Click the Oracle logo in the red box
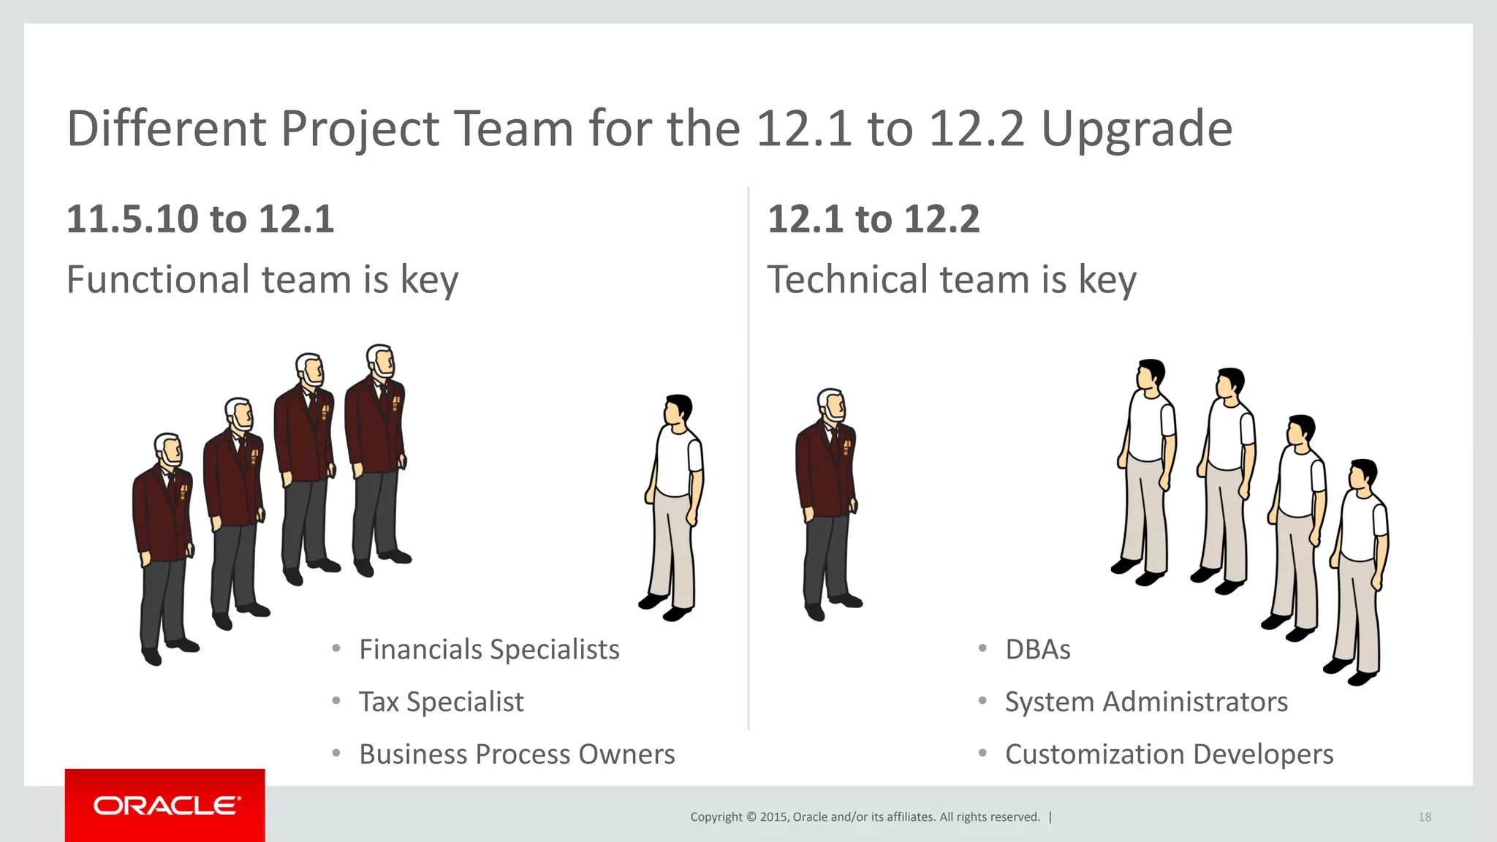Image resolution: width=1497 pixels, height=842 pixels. click(x=166, y=805)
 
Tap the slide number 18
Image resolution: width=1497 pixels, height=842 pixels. click(x=1425, y=817)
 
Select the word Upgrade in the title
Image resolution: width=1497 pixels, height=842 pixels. click(x=1137, y=130)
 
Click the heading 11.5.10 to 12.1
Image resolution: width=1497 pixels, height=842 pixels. click(x=200, y=219)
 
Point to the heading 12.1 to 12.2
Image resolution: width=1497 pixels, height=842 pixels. click(x=873, y=219)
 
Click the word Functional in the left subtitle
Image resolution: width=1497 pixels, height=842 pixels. click(x=158, y=279)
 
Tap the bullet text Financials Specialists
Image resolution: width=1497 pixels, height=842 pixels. click(x=489, y=649)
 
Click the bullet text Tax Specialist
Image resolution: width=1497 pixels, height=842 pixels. click(x=441, y=702)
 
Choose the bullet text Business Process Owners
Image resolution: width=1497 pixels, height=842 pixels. click(x=517, y=754)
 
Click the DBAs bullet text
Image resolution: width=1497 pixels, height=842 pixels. click(x=1037, y=649)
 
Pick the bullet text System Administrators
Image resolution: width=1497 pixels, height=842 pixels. click(x=1146, y=702)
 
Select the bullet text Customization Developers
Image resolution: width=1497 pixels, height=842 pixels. click(x=1169, y=754)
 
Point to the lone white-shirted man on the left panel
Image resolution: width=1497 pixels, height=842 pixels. click(x=674, y=504)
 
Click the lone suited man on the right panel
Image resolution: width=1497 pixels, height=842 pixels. click(x=828, y=504)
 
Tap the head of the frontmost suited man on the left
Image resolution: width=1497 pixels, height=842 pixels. click(x=169, y=450)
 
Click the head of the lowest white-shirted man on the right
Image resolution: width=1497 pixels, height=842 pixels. click(x=1363, y=476)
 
